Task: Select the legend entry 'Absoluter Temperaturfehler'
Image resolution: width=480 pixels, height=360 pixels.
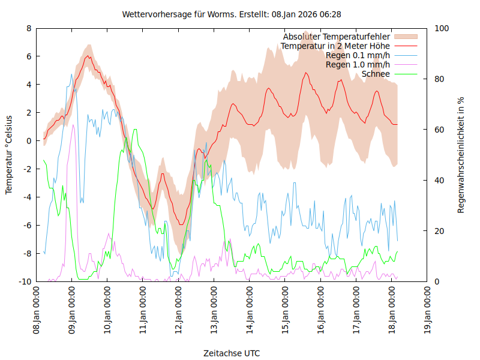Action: pos(337,37)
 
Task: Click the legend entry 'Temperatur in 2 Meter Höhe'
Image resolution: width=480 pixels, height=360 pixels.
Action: pos(335,46)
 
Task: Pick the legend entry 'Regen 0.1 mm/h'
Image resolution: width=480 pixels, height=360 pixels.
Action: pos(358,55)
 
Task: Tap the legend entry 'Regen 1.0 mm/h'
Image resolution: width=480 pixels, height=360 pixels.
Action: pos(358,64)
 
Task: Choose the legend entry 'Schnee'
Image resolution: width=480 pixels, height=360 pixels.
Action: pos(376,74)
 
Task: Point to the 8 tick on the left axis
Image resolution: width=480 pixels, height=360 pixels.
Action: pos(29,28)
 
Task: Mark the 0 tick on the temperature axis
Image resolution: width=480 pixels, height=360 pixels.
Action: pos(29,141)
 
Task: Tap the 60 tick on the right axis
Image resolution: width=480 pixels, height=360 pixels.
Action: pos(439,130)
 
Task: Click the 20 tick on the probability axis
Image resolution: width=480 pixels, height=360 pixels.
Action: pos(439,231)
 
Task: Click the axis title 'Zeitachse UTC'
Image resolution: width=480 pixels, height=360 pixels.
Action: pos(232,353)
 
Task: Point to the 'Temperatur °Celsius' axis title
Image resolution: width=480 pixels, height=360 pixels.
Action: pos(9,155)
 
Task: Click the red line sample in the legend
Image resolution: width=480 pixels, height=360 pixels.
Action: pos(405,46)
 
